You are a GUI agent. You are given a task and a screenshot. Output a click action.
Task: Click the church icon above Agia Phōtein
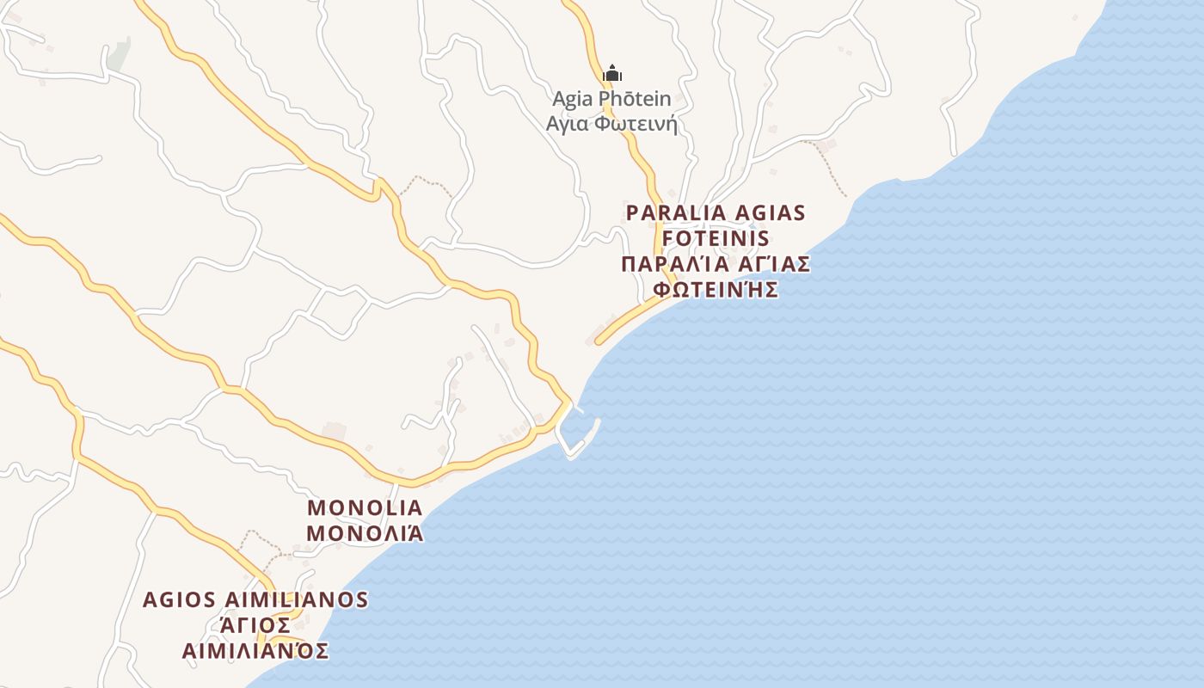(x=611, y=73)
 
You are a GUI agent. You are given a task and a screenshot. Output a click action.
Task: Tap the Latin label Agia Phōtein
(x=611, y=99)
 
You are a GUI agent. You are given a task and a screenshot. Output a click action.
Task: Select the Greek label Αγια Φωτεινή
(x=611, y=124)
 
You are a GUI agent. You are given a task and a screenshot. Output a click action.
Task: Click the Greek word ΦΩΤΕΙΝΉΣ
(x=716, y=289)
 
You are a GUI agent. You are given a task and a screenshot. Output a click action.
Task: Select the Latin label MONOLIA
(x=365, y=507)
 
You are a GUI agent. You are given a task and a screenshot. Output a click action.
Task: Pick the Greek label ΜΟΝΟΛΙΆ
(x=365, y=533)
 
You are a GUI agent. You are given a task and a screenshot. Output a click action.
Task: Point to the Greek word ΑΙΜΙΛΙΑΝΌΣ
(x=255, y=650)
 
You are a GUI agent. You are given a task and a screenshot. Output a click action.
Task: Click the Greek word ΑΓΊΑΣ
(x=767, y=264)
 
